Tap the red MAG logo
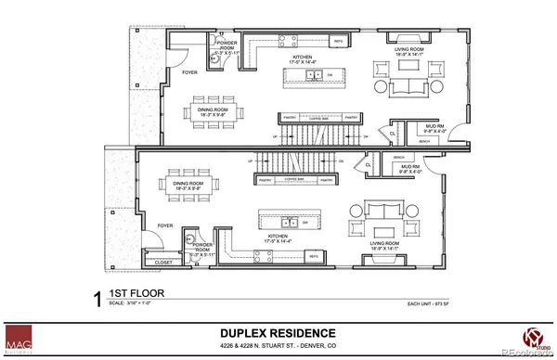click(19, 339)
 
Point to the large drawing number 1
click(97, 297)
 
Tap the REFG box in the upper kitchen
click(340, 43)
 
